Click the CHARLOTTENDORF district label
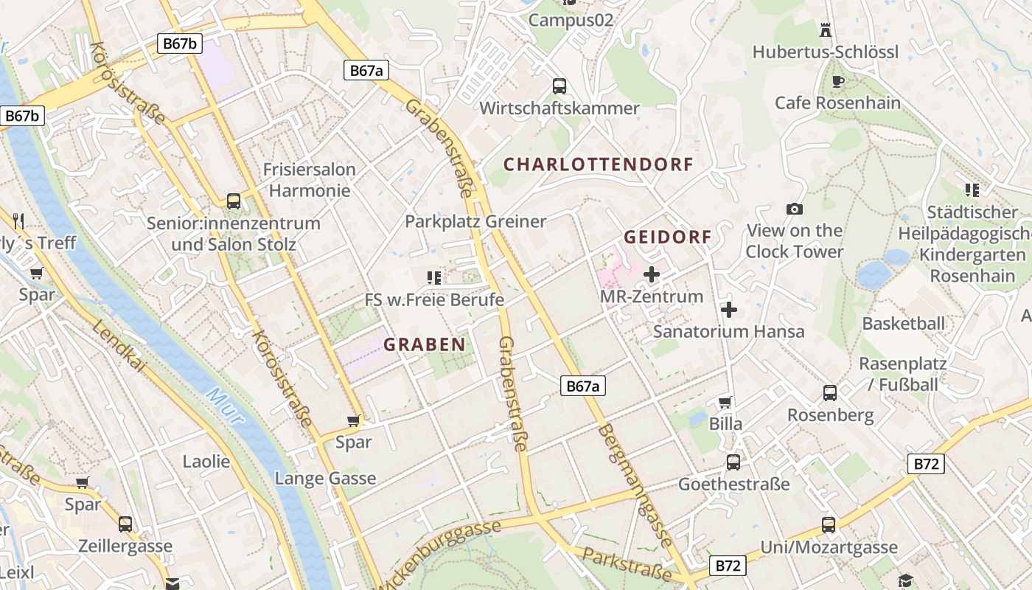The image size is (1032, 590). pyautogui.click(x=598, y=164)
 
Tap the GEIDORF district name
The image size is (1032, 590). pyautogui.click(x=668, y=237)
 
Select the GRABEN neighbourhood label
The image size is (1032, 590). pyautogui.click(x=425, y=344)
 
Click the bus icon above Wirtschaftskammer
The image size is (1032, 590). pyautogui.click(x=559, y=86)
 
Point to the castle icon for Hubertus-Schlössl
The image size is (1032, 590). pyautogui.click(x=826, y=30)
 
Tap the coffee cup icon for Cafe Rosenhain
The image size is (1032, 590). pyautogui.click(x=837, y=81)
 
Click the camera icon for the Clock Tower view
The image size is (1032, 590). pyautogui.click(x=794, y=209)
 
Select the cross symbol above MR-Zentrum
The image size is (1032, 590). pyautogui.click(x=652, y=275)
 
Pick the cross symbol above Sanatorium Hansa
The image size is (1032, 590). pyautogui.click(x=729, y=310)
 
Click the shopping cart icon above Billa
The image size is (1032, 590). pyautogui.click(x=725, y=402)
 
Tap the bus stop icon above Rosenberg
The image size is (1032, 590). pyautogui.click(x=830, y=393)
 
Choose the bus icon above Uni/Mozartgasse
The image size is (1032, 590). pyautogui.click(x=829, y=525)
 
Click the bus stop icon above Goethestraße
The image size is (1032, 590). pyautogui.click(x=733, y=462)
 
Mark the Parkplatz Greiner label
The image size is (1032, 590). pyautogui.click(x=475, y=221)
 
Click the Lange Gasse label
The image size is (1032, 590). pyautogui.click(x=325, y=479)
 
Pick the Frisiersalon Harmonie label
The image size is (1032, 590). pyautogui.click(x=310, y=180)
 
